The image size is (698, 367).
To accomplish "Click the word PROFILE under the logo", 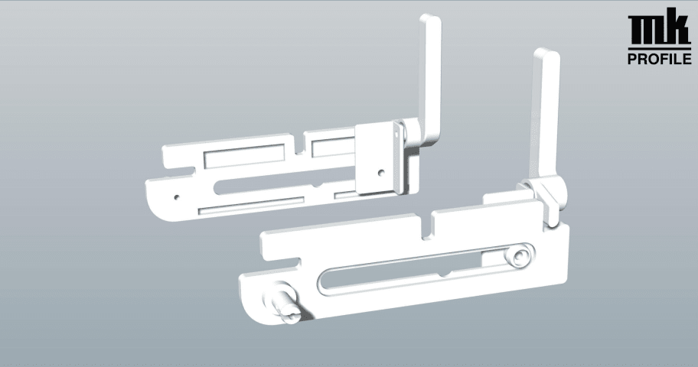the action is (659, 59).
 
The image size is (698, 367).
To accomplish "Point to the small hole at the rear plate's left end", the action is (177, 196).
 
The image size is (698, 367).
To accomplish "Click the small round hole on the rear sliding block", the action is (380, 172).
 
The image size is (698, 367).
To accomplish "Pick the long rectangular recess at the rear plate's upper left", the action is (244, 156).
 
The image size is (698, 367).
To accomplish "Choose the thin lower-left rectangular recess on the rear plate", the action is (251, 206).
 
